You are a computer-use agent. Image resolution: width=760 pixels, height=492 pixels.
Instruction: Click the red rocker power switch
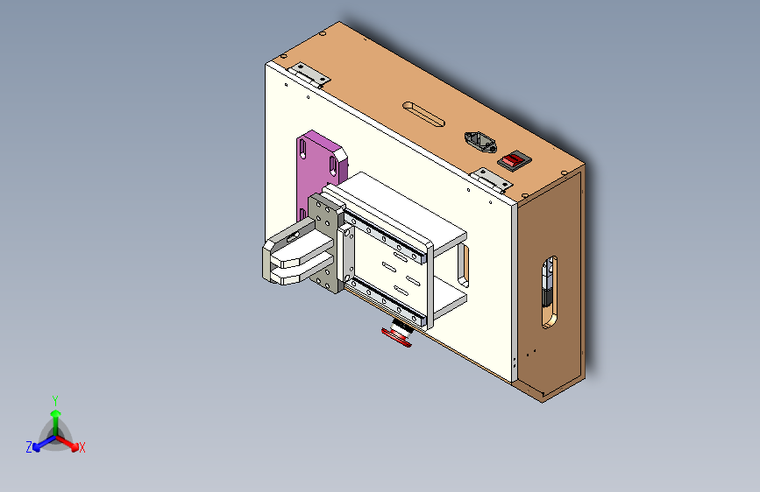click(515, 160)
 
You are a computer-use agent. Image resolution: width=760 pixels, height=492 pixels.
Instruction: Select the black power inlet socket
click(478, 142)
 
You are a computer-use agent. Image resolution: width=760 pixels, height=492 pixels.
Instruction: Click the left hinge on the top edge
click(310, 74)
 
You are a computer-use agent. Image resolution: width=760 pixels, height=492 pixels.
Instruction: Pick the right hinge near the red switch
click(494, 179)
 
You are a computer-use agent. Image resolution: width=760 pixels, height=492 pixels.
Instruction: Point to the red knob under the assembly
click(398, 337)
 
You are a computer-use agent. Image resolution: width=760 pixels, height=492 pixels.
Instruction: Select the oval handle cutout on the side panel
click(549, 292)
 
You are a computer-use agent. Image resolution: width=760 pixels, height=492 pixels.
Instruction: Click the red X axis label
click(82, 447)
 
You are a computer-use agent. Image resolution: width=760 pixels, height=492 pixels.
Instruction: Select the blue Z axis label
click(29, 446)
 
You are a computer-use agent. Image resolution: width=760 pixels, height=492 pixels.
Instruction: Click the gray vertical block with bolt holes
click(326, 245)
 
